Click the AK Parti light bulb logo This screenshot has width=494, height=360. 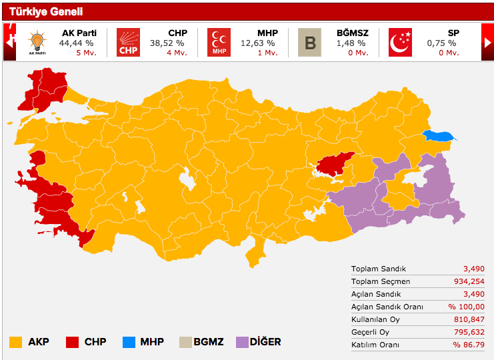click(37, 42)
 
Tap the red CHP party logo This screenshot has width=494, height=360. click(128, 42)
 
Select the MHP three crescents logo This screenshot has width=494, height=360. click(219, 42)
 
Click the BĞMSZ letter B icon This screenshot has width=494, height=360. click(309, 42)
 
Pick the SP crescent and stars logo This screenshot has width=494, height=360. click(400, 42)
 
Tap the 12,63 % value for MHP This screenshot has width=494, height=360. click(257, 43)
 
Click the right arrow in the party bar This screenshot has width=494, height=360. click(487, 42)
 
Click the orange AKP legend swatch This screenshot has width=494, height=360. click(15, 342)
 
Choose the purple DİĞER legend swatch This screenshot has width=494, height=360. click(239, 342)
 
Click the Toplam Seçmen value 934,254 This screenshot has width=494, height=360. click(469, 281)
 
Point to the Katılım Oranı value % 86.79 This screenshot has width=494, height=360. click(466, 345)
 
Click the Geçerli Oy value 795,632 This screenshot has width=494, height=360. click(469, 332)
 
